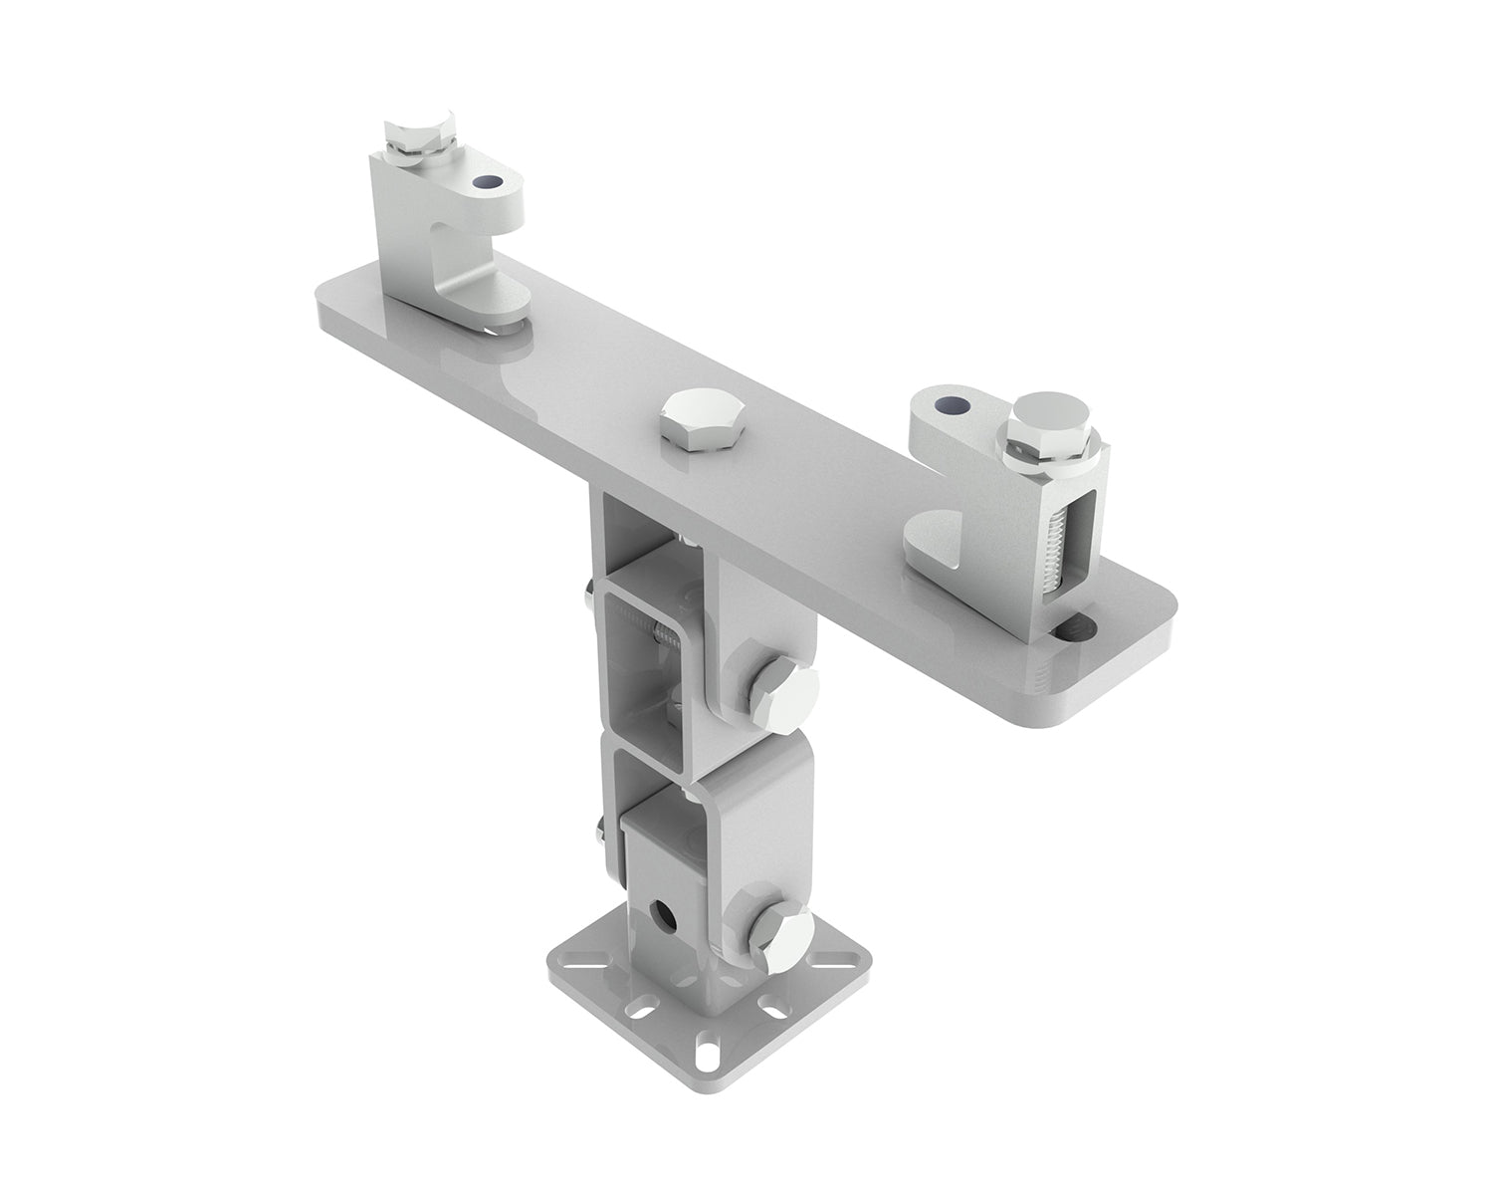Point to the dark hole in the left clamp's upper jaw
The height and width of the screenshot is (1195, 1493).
pyautogui.click(x=488, y=182)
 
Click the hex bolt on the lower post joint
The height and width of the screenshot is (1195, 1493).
pyautogui.click(x=781, y=938)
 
